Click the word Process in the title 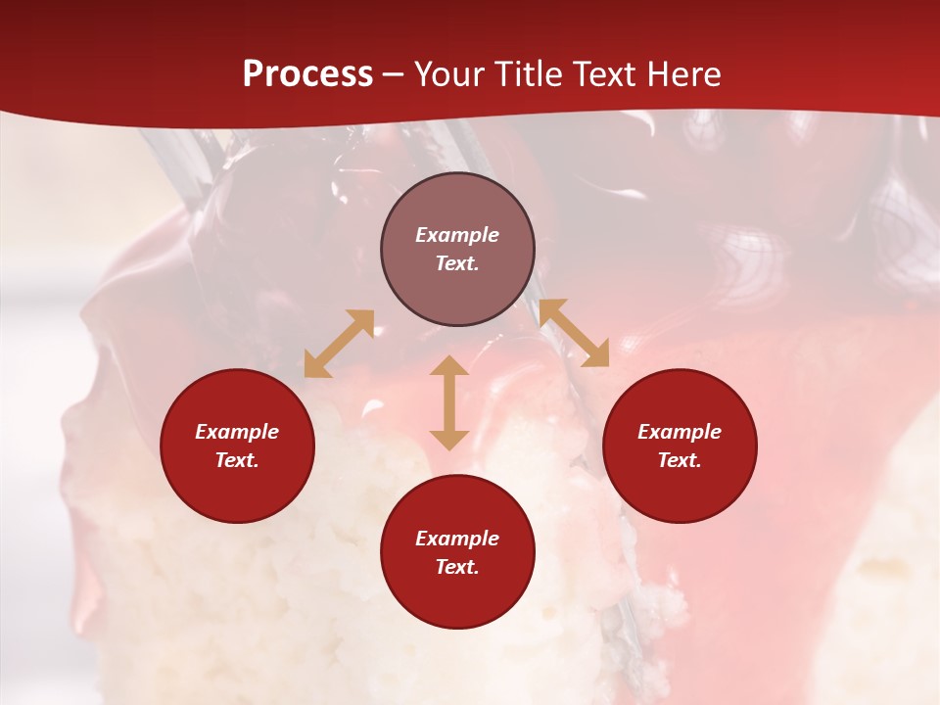pos(307,74)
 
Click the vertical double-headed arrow pos(449,402)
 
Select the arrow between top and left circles pos(339,344)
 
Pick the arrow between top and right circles pos(574,333)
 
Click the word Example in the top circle pos(457,235)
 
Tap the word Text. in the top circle pos(457,263)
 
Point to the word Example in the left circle pos(237,432)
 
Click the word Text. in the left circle pos(237,460)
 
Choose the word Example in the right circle pos(680,432)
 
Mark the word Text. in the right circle pos(680,460)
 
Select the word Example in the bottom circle pos(457,539)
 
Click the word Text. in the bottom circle pos(457,567)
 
